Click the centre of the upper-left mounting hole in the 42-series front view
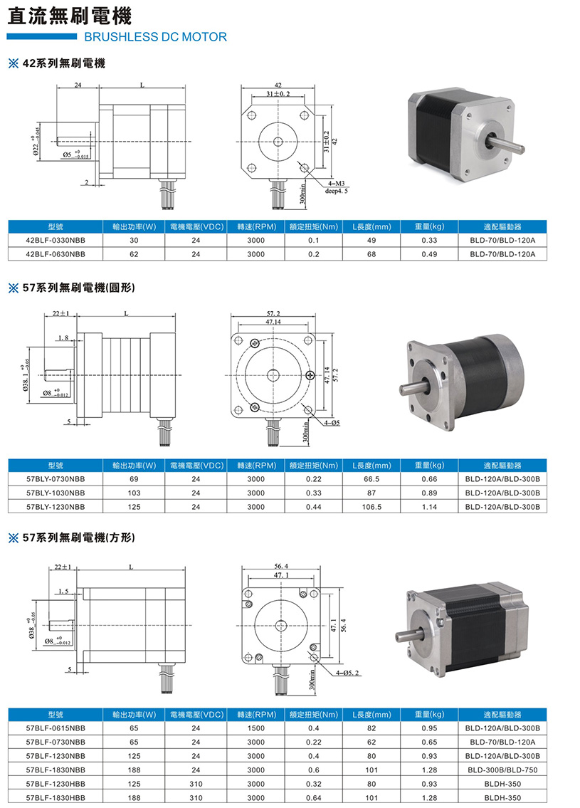(252, 115)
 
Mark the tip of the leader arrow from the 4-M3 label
(301, 163)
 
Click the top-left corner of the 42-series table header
(9, 220)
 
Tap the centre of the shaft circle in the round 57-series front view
(273, 374)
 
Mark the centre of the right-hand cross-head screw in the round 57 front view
(310, 375)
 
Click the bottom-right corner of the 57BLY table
(547, 513)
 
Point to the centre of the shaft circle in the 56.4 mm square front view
(280, 626)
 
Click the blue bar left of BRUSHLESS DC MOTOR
(42, 36)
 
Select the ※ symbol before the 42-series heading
(14, 63)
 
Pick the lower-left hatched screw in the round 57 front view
(254, 408)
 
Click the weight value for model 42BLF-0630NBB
(429, 254)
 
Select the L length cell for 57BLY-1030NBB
(371, 493)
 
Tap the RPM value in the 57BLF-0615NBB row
(256, 728)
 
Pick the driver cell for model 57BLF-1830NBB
(502, 770)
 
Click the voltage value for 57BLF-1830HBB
(196, 798)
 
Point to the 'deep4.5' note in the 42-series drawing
(337, 191)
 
